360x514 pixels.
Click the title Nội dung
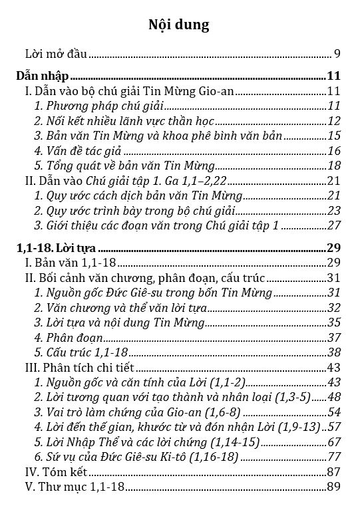[180, 25]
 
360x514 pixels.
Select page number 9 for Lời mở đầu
[338, 54]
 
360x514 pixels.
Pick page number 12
[334, 120]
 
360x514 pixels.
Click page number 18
[334, 166]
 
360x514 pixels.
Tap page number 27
[334, 225]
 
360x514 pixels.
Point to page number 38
[334, 352]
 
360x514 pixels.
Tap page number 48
[334, 397]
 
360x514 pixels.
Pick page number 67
[334, 442]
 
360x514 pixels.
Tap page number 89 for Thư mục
[334, 487]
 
